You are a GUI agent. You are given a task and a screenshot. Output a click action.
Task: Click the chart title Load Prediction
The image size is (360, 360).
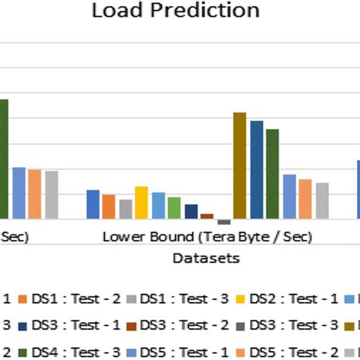pos(175,11)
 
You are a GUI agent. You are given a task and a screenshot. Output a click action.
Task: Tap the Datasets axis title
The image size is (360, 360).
pos(206,258)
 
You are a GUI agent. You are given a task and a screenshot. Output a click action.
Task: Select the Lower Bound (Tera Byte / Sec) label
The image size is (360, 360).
pos(207,237)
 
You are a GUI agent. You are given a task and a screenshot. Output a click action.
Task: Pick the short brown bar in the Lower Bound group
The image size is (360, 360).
pos(207,216)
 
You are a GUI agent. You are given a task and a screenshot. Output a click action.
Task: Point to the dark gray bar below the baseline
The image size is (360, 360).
pos(223,222)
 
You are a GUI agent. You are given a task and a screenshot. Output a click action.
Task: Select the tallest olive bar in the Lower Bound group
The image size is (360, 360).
pos(240,166)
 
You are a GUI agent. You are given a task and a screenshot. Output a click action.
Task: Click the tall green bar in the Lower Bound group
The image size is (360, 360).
pos(273,174)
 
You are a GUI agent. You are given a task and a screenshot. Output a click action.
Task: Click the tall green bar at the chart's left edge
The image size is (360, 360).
pos(4,159)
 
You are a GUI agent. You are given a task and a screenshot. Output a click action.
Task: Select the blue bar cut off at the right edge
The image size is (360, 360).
pos(358,189)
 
